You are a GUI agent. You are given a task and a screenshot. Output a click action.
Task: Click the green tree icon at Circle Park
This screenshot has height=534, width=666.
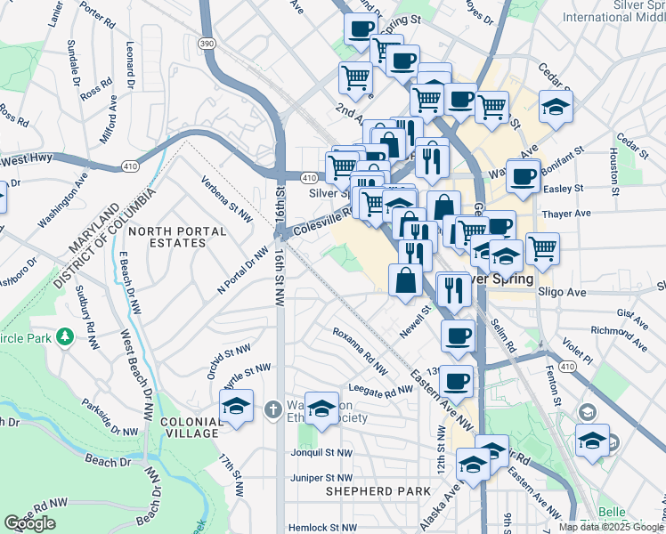pyautogui.click(x=64, y=337)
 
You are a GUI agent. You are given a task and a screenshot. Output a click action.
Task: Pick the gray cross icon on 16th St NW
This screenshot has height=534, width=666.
pyautogui.click(x=273, y=409)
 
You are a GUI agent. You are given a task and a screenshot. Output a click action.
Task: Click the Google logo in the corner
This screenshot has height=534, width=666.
pyautogui.click(x=30, y=523)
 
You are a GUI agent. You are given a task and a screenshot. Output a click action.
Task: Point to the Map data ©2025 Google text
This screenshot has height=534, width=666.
pyautogui.click(x=611, y=527)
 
